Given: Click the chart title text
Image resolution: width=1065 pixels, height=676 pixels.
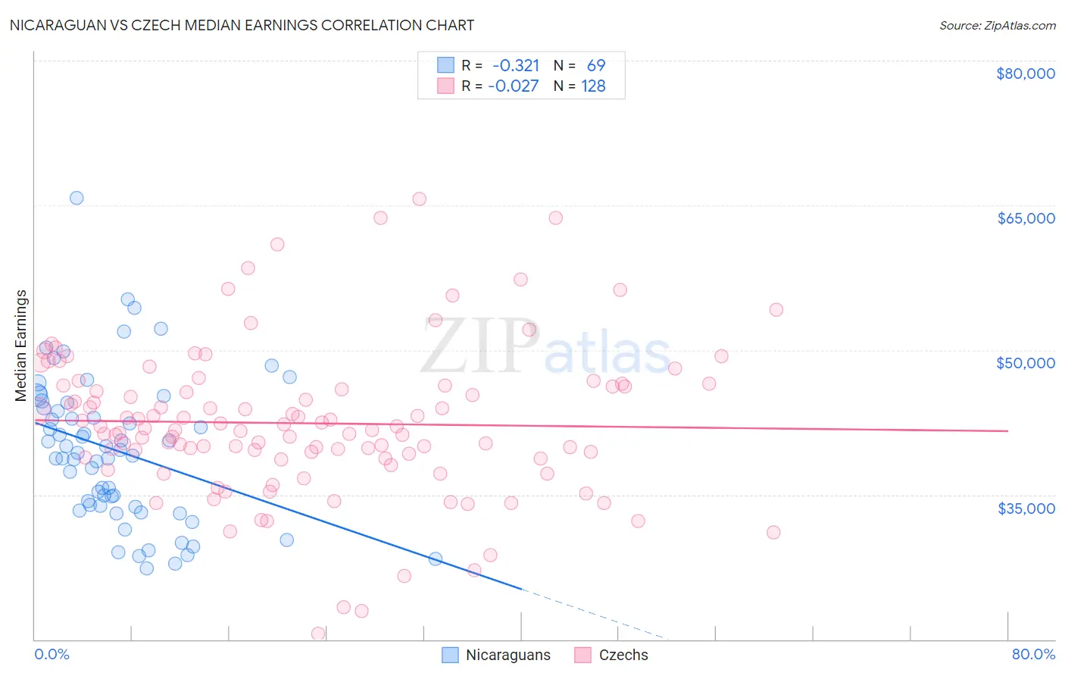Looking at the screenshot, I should (x=242, y=25).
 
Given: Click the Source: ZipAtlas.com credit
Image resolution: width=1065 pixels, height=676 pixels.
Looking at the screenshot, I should (x=997, y=25).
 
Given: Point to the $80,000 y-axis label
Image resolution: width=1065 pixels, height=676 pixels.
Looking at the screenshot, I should (x=1025, y=74).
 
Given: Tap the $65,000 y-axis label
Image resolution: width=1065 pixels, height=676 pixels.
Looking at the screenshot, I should (x=1025, y=218).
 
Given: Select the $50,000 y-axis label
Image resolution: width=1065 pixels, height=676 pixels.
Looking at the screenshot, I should (x=1025, y=363).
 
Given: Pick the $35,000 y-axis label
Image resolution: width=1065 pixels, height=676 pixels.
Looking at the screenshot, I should (x=1025, y=508).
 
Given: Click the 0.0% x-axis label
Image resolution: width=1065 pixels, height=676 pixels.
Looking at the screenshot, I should (x=52, y=654).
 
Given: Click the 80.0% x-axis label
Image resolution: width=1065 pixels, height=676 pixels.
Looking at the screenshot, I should (x=1033, y=654).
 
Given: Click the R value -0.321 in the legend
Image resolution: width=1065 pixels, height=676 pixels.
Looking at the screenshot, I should (x=516, y=65).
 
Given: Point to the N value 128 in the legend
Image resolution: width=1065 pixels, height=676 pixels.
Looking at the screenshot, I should (x=593, y=86).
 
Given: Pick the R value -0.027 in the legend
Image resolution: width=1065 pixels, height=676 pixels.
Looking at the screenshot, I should (x=514, y=86).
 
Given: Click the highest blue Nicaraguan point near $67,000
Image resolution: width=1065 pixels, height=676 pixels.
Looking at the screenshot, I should (x=77, y=198).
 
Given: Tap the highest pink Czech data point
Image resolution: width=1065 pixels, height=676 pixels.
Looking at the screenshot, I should (x=419, y=199).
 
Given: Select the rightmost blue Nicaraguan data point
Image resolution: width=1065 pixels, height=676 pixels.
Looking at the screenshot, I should (x=436, y=559).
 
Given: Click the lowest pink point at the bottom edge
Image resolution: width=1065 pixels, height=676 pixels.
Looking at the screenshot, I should (x=318, y=634).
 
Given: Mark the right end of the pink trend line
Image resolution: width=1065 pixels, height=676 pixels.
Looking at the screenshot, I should (x=1007, y=430).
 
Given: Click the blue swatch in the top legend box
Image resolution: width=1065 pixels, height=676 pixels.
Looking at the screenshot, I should (x=445, y=65).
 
